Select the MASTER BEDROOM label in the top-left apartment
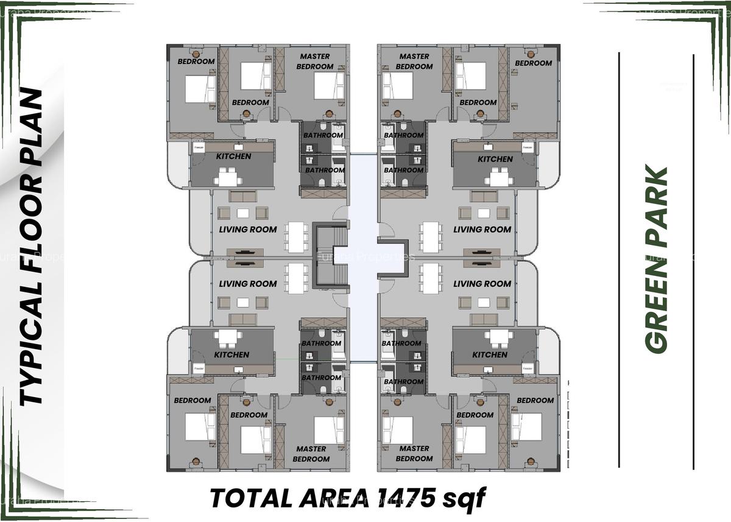click(x=315, y=62)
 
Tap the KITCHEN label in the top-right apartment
click(x=495, y=159)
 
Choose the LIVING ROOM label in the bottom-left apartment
click(x=247, y=284)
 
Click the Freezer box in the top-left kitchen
click(x=199, y=147)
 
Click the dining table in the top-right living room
click(x=431, y=237)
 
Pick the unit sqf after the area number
click(x=464, y=498)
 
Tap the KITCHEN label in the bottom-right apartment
click(x=489, y=354)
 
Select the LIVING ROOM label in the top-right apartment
click(x=482, y=230)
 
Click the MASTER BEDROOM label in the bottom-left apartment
click(x=311, y=454)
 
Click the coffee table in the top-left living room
click(x=243, y=213)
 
